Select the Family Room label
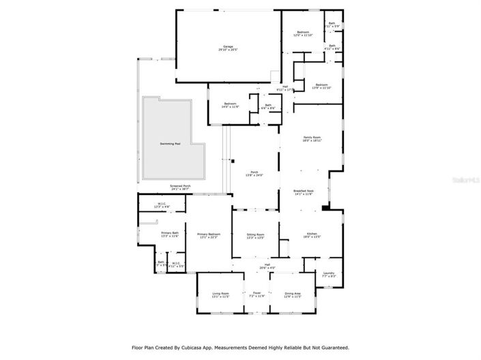pyautogui.click(x=312, y=138)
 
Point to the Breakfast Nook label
pyautogui.click(x=303, y=192)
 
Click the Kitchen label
pyautogui.click(x=311, y=235)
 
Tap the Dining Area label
pyautogui.click(x=293, y=295)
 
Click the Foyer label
pyautogui.click(x=256, y=295)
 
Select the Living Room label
pyautogui.click(x=220, y=295)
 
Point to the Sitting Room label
pyautogui.click(x=255, y=235)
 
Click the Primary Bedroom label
pyautogui.click(x=208, y=235)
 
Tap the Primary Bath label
pyautogui.click(x=170, y=234)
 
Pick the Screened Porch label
pyautogui.click(x=180, y=187)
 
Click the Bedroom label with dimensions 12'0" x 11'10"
pyautogui.click(x=302, y=33)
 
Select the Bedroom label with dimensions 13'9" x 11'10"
pyautogui.click(x=321, y=86)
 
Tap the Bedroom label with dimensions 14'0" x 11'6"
pyautogui.click(x=229, y=104)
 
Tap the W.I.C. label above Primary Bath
pyautogui.click(x=162, y=205)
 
